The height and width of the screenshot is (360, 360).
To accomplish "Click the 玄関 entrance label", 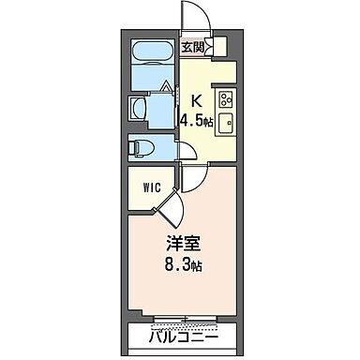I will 193,46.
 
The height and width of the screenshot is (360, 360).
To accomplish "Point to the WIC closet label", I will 151,187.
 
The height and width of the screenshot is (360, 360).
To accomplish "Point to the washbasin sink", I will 138,107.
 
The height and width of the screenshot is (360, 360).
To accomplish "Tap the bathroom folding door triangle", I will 167,89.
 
